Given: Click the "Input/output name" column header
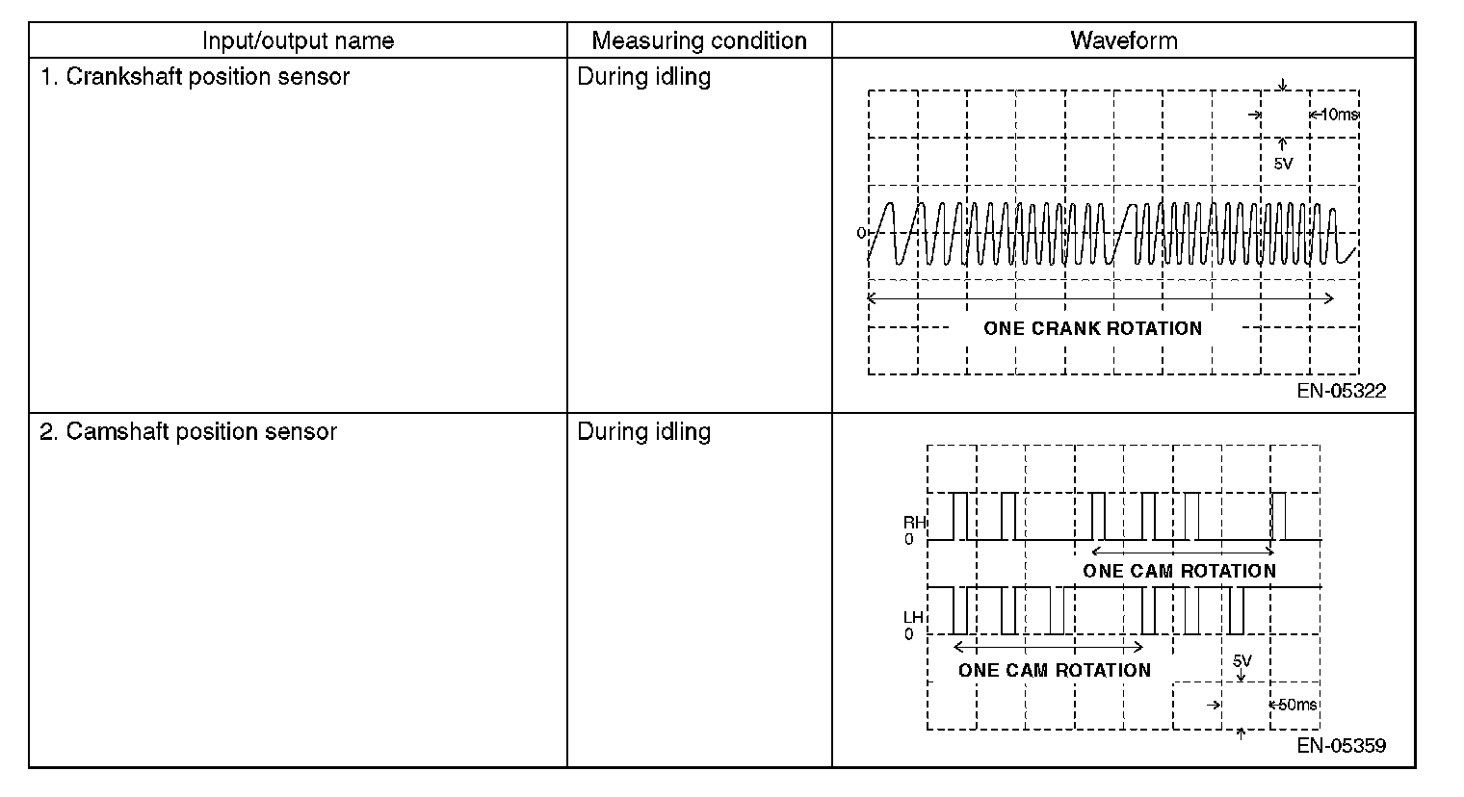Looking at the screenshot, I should pyautogui.click(x=298, y=41).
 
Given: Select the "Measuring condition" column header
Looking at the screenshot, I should pyautogui.click(x=698, y=41).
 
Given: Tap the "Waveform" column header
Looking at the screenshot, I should pyautogui.click(x=1123, y=41).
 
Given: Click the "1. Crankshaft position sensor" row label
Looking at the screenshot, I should pyautogui.click(x=195, y=77).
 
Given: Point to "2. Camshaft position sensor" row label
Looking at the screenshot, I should pyautogui.click(x=189, y=432).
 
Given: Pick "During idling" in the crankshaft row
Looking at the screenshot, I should pyautogui.click(x=643, y=77).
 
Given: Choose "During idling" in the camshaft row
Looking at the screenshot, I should pyautogui.click(x=643, y=432).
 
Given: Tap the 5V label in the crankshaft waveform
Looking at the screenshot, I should pyautogui.click(x=1283, y=164).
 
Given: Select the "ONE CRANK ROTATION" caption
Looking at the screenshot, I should pyautogui.click(x=1092, y=328).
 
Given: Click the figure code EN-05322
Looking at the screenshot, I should pyautogui.click(x=1341, y=391).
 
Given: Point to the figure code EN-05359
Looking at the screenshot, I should pyautogui.click(x=1341, y=746).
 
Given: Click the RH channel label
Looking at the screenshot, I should pyautogui.click(x=913, y=523).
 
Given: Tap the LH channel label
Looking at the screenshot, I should pyautogui.click(x=913, y=617).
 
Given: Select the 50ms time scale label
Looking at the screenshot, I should pyautogui.click(x=1296, y=705).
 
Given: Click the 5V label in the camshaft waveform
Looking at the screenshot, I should pyautogui.click(x=1242, y=661).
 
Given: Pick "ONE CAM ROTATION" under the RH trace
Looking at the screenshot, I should pyautogui.click(x=1179, y=571).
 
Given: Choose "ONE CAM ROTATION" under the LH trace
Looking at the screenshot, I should pyautogui.click(x=1054, y=670).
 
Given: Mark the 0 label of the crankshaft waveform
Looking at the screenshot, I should pyautogui.click(x=861, y=233).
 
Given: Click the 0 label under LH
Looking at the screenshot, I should pyautogui.click(x=909, y=634).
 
